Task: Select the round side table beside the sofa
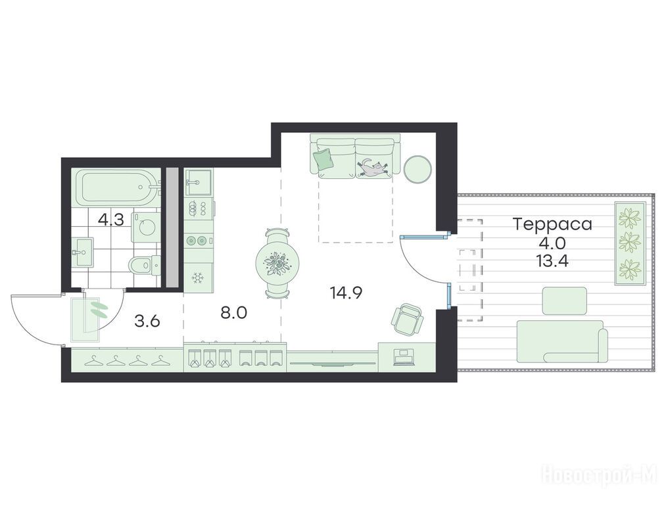click(x=418, y=170)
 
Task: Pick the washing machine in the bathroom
click(x=146, y=228)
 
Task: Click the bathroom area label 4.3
click(x=111, y=220)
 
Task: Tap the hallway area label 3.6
click(x=147, y=321)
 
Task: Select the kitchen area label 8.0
click(x=233, y=313)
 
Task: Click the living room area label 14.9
click(x=346, y=293)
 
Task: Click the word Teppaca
click(x=553, y=224)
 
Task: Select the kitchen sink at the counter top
click(x=199, y=182)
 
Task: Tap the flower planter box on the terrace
click(x=630, y=244)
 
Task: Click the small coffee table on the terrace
click(x=565, y=301)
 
